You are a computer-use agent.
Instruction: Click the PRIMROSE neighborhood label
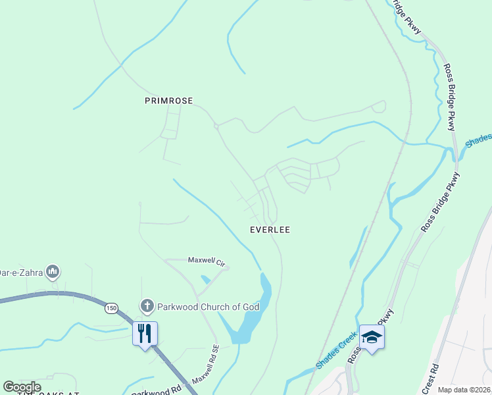pyautogui.click(x=168, y=101)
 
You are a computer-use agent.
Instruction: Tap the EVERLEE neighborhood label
pyautogui.click(x=270, y=230)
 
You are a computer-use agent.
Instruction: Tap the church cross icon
pyautogui.click(x=146, y=306)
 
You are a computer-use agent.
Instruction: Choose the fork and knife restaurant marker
pyautogui.click(x=145, y=333)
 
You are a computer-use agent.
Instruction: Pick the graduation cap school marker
pyautogui.click(x=372, y=337)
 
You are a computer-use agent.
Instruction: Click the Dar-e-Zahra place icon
pyautogui.click(x=54, y=271)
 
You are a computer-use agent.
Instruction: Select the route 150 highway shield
pyautogui.click(x=111, y=307)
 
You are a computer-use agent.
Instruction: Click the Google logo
pyautogui.click(x=22, y=386)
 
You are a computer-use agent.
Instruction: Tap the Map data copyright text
pyautogui.click(x=464, y=390)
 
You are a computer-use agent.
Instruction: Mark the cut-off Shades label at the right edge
pyautogui.click(x=478, y=140)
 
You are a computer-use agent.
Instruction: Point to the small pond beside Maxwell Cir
pyautogui.click(x=206, y=280)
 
